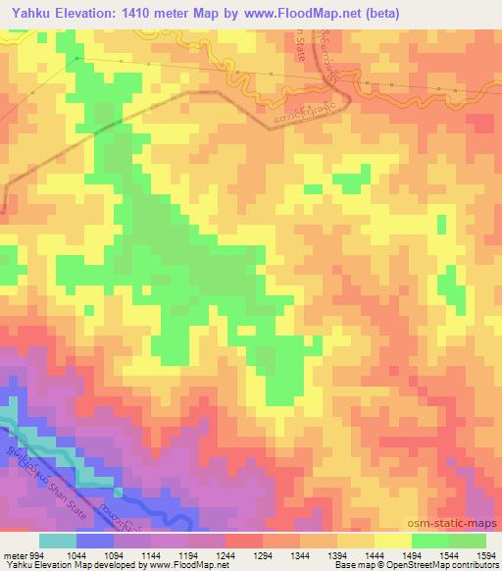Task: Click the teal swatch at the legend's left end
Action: click(x=58, y=541)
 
